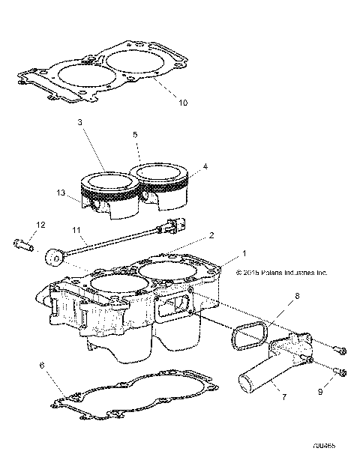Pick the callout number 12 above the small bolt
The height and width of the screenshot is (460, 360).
[41, 225]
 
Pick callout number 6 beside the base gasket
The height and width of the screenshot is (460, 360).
[42, 367]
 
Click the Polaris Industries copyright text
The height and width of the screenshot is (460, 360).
[281, 273]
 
